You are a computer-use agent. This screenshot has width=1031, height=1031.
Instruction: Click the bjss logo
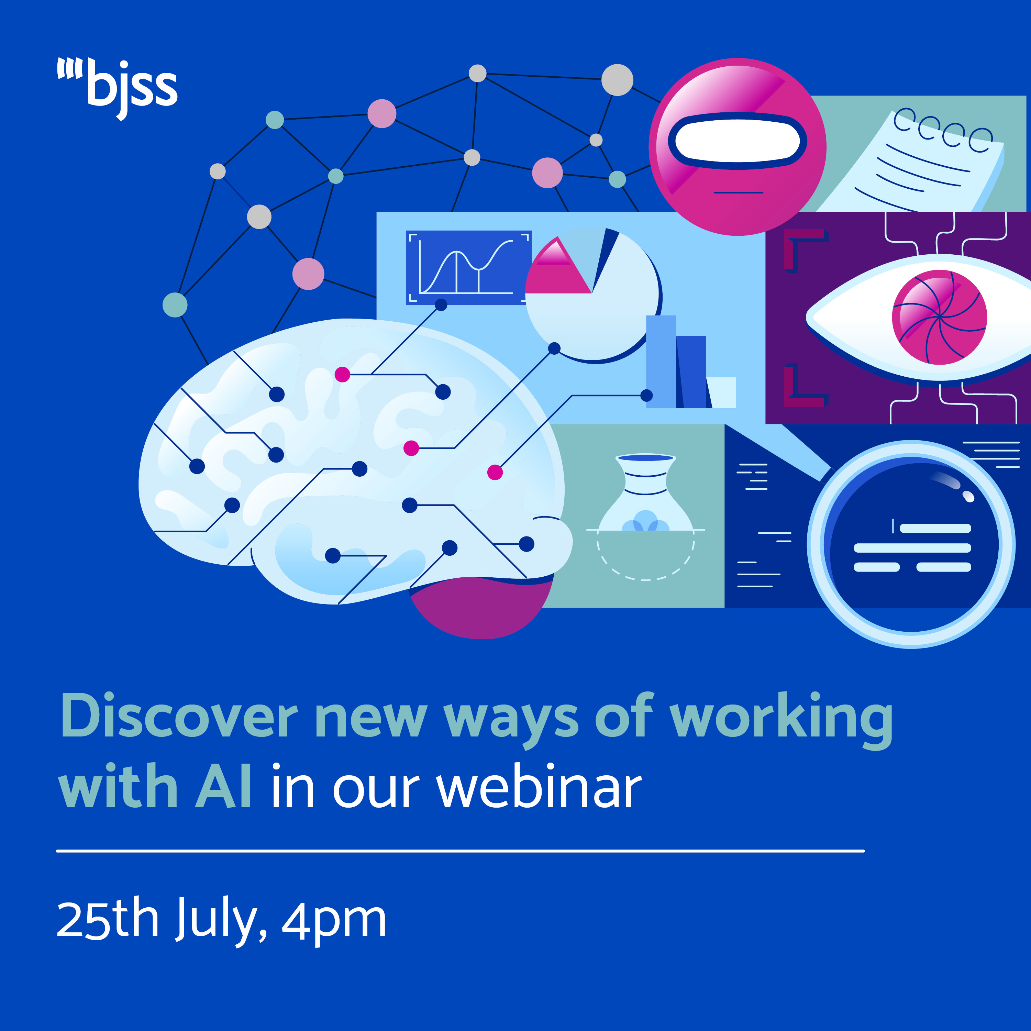tap(119, 88)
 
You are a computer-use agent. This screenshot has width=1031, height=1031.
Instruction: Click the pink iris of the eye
tap(939, 318)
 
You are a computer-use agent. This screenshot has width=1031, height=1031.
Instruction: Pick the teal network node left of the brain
tap(175, 305)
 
